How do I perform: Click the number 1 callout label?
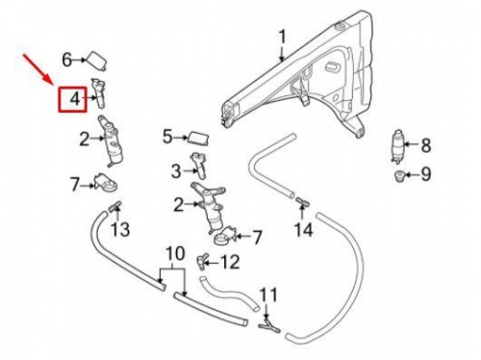[282, 38]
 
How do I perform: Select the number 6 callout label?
[67, 60]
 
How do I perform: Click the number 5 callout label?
[166, 137]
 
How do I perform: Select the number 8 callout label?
[426, 146]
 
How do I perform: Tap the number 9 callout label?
[426, 174]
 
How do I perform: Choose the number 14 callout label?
[303, 229]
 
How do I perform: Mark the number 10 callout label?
[174, 254]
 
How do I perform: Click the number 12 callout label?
[229, 261]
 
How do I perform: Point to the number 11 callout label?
[268, 296]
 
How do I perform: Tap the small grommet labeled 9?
[398, 175]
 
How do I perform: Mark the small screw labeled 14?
[301, 202]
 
